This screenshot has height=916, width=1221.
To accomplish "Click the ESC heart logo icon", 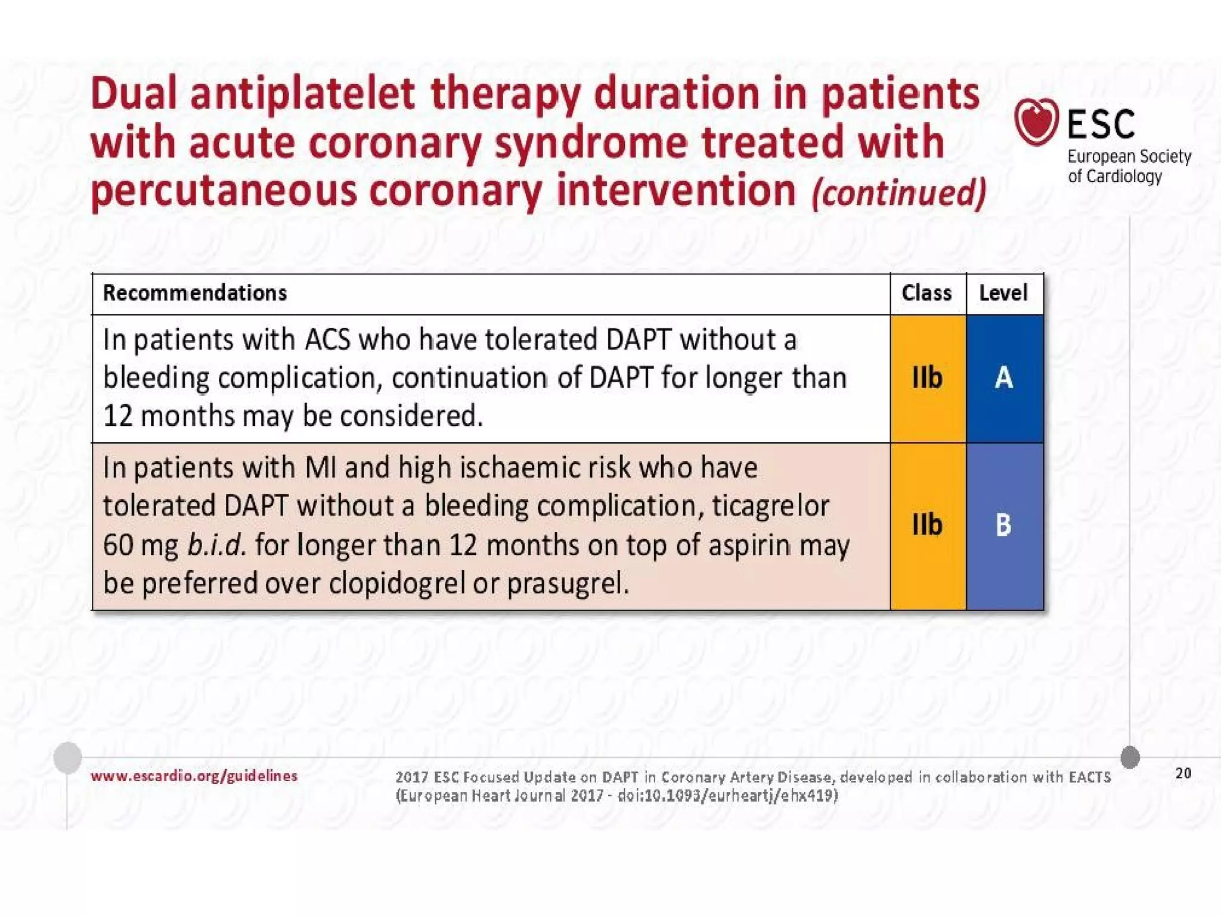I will [1036, 122].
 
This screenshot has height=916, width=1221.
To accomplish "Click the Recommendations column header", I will [195, 293].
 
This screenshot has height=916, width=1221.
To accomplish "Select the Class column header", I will [926, 293].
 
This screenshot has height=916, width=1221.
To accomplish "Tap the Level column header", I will [1003, 293].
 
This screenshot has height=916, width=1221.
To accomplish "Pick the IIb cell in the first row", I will [927, 378].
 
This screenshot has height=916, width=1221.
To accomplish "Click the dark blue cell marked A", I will [1004, 378].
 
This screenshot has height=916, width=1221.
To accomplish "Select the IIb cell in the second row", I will [927, 525].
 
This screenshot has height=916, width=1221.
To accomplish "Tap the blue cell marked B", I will [1004, 525].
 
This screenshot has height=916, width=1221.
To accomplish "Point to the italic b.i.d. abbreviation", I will [216, 546].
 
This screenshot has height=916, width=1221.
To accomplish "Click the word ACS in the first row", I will [327, 341].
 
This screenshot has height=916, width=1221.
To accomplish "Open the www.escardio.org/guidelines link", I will [194, 776].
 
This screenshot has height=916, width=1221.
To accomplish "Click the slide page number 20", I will [1183, 773].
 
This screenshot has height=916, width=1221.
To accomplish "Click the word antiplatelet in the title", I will [302, 94].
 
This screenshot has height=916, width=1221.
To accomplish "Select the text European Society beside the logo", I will [1129, 157].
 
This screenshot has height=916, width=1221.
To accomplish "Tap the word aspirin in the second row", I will [749, 546].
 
